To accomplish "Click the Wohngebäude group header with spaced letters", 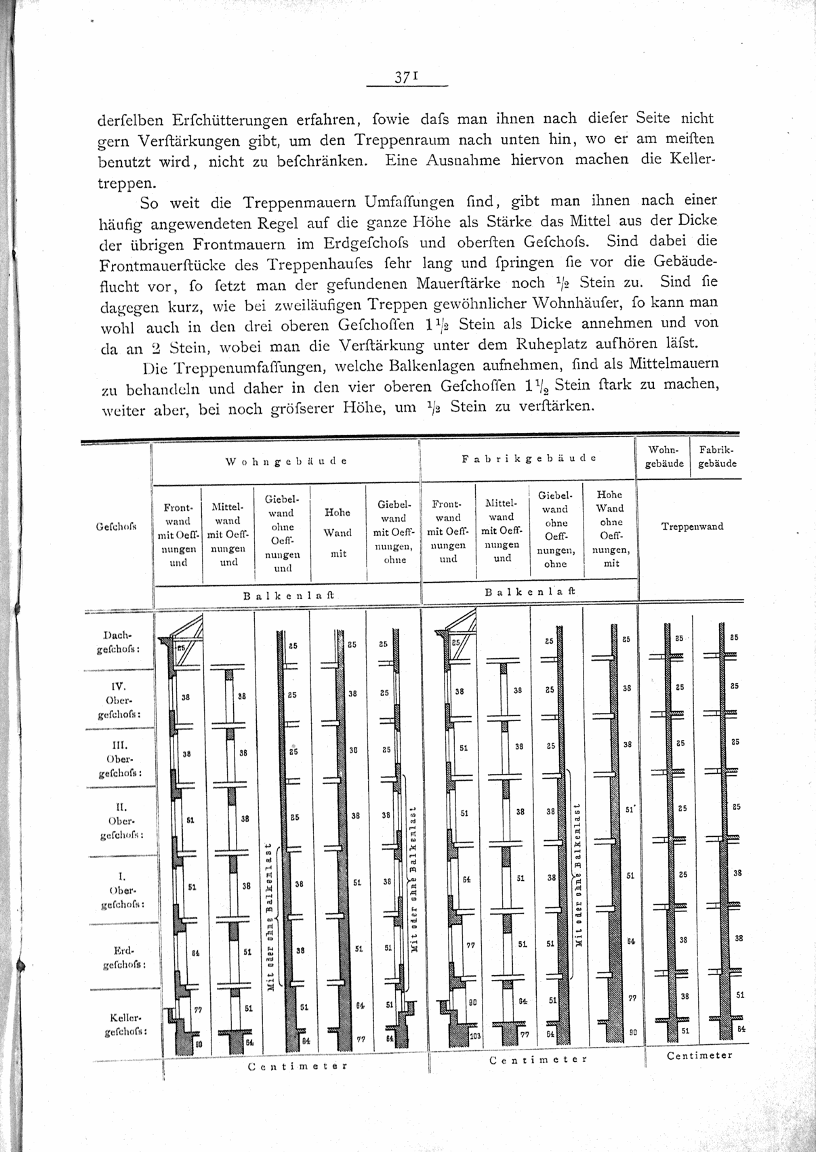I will pos(285,461).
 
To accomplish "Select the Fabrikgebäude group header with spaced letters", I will pos(529,458).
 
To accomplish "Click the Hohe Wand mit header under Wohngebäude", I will pos(338,533).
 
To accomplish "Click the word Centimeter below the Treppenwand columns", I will pos(699,1055).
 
